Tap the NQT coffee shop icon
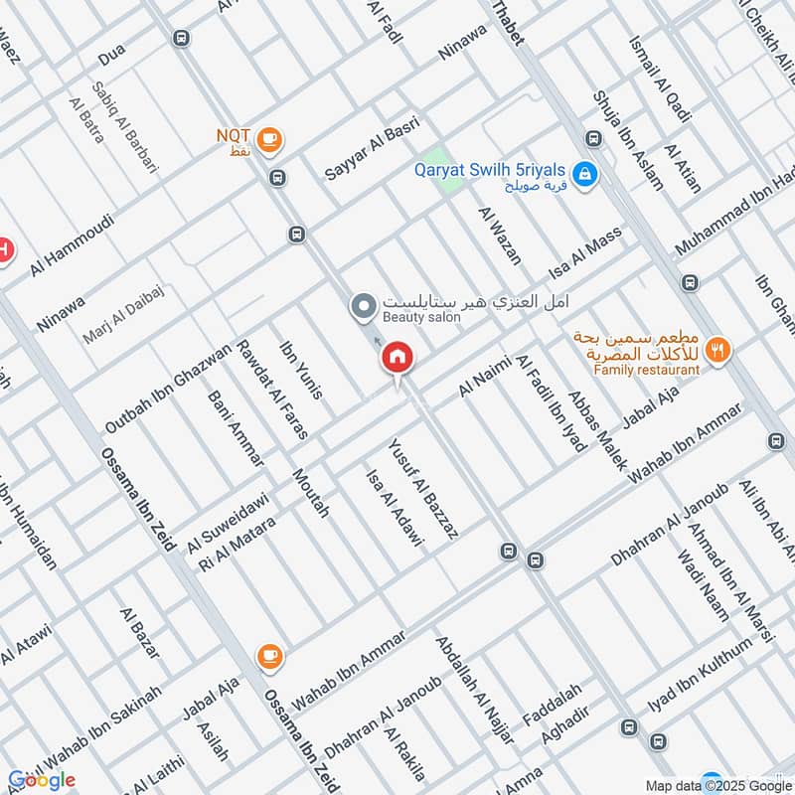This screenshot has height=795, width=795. pyautogui.click(x=269, y=140)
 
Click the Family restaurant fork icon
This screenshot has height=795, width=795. pyautogui.click(x=715, y=349)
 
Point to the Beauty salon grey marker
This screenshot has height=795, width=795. pyautogui.click(x=364, y=305)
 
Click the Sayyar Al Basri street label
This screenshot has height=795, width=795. pyautogui.click(x=372, y=149)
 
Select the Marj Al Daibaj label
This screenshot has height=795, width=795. pyautogui.click(x=122, y=315)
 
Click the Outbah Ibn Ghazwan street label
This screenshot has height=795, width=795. pyautogui.click(x=169, y=388)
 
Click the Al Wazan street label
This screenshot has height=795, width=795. pyautogui.click(x=500, y=235)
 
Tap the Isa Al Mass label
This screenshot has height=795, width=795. pyautogui.click(x=585, y=252)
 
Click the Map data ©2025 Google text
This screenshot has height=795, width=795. pyautogui.click(x=715, y=784)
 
